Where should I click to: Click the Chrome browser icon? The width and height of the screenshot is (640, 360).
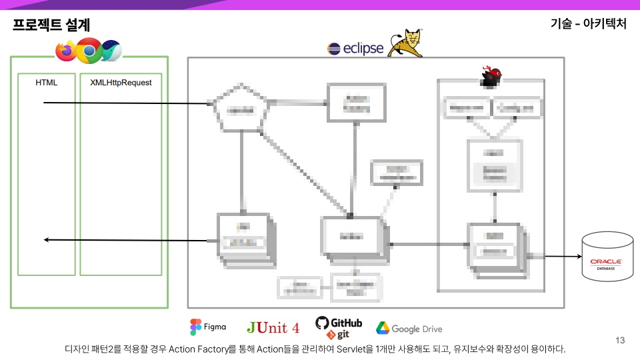tap(89, 50)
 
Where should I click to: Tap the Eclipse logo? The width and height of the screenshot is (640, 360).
tap(355, 48)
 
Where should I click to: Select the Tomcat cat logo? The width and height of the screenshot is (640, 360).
tap(405, 43)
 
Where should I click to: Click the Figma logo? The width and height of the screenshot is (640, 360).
tap(208, 327)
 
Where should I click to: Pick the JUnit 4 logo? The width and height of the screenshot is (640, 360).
tap(273, 327)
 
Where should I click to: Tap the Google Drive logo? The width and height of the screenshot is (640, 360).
tap(409, 329)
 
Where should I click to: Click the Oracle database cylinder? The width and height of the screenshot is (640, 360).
tap(607, 256)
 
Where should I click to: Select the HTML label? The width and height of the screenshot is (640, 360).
tap(47, 83)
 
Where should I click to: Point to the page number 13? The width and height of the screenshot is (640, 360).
tap(620, 341)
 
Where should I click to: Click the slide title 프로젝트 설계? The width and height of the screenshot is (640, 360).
tap(51, 25)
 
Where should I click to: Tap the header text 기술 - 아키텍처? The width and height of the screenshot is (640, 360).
tap(589, 24)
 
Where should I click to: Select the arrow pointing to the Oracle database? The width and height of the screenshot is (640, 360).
tap(562, 256)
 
